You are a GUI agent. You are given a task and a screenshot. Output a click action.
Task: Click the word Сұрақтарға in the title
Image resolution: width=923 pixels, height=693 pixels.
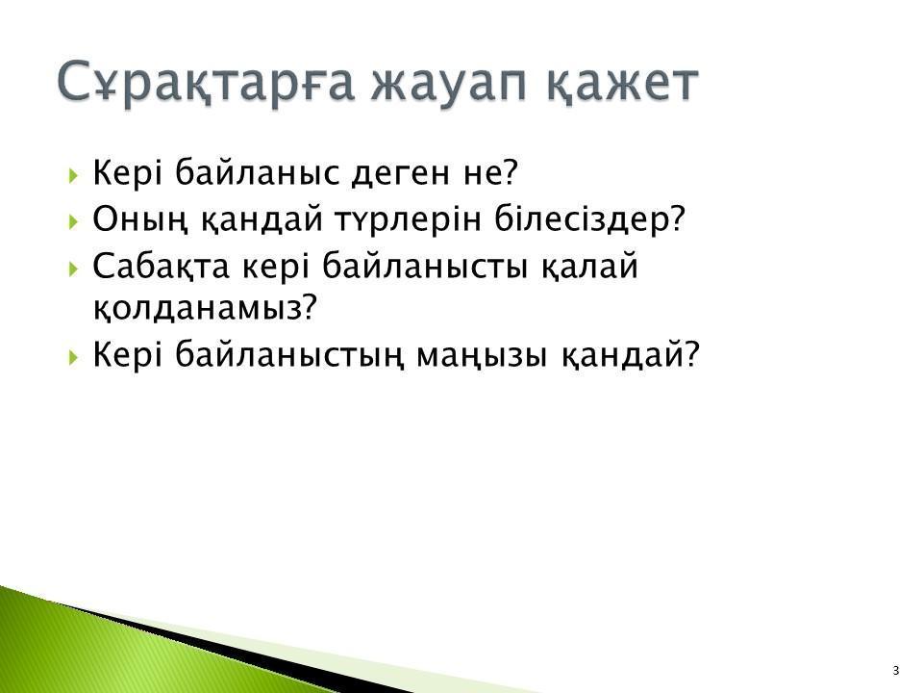pos(206,84)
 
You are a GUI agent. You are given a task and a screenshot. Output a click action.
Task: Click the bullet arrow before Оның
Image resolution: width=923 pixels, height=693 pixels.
pos(73,221)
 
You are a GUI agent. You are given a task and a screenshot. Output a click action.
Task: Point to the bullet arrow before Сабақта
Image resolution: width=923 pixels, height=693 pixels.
pos(73,269)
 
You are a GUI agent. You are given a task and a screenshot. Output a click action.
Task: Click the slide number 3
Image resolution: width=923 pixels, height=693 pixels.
pos(896,671)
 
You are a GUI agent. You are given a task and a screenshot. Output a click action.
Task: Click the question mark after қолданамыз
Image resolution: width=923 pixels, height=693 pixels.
pos(311,306)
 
